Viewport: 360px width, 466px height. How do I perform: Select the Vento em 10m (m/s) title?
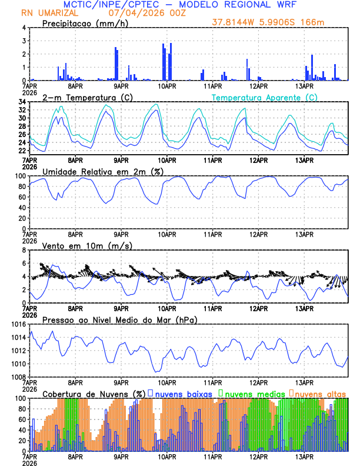pos(88,245)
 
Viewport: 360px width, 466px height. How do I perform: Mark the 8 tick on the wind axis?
pos(24,250)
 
